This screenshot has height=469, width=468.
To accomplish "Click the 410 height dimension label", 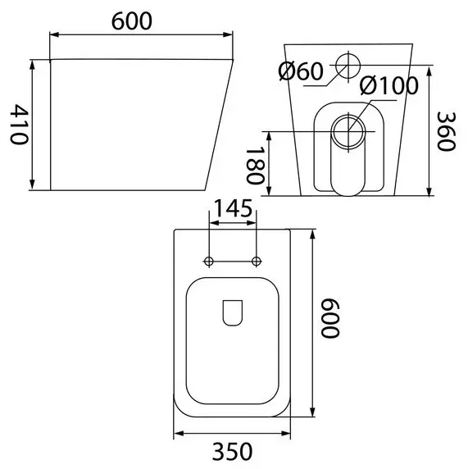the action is [x=19, y=125].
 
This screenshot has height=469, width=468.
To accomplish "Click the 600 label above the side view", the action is [x=132, y=21].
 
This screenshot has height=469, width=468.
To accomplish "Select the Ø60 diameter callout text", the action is [x=301, y=71].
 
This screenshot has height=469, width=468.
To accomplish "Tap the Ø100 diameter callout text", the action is [x=388, y=85].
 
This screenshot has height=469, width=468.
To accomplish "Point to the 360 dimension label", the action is [x=446, y=131].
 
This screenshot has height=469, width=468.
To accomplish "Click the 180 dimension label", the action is [x=255, y=165].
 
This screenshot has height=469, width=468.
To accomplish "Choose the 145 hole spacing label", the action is [x=234, y=208].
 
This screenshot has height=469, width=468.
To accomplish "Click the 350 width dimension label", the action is [x=232, y=451].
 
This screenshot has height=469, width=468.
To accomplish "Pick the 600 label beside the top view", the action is [x=330, y=317].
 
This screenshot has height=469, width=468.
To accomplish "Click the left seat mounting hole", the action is [x=209, y=261].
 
